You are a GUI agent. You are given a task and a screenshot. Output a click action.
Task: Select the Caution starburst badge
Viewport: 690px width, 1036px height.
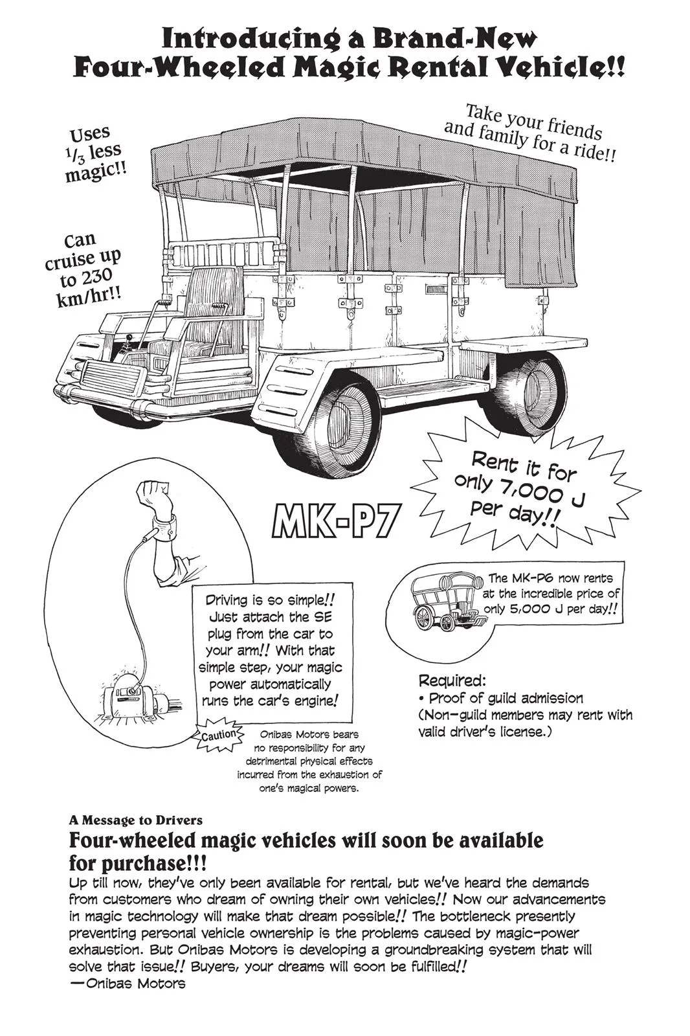219,735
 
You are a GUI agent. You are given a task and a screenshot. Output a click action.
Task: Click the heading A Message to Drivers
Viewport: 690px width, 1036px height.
135,820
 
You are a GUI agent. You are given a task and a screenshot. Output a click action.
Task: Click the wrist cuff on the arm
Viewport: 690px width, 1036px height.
165,524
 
